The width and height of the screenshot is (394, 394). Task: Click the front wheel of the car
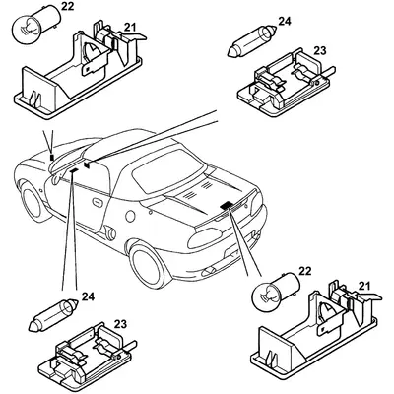(x=33, y=201)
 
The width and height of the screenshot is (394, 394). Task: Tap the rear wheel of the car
(x=150, y=265)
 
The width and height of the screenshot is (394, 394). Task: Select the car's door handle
(x=98, y=202)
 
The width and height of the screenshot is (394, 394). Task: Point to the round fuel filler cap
(x=130, y=216)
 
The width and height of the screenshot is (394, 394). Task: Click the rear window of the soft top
(x=167, y=170)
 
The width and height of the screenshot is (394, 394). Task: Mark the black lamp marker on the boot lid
(x=227, y=206)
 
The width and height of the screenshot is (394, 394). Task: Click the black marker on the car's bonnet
(x=51, y=158)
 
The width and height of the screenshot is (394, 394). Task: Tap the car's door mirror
(x=56, y=178)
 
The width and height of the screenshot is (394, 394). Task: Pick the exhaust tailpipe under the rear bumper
(x=209, y=271)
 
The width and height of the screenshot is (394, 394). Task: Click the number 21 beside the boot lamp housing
(x=363, y=287)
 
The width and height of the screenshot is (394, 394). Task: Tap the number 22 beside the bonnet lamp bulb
(x=67, y=7)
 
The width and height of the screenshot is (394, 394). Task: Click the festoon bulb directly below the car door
(x=53, y=315)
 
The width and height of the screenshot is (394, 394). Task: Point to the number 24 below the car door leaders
(x=88, y=296)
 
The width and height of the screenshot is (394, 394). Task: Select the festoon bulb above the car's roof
(x=252, y=41)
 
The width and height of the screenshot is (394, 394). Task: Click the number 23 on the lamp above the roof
(x=320, y=51)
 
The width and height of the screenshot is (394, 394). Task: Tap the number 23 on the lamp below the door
(x=120, y=324)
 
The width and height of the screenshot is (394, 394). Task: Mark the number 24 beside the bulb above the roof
(x=285, y=21)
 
